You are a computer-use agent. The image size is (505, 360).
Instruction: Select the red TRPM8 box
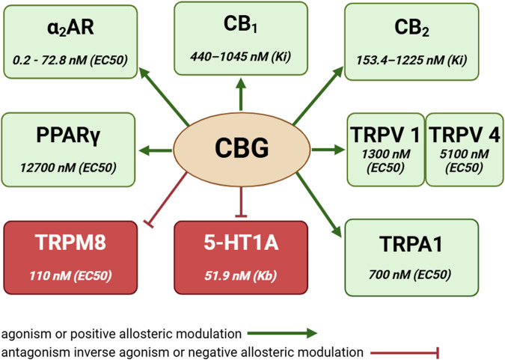coord(71,257)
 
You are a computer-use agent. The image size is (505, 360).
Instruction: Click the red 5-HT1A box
coord(241,257)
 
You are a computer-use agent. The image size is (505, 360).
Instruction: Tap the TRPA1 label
coord(411,243)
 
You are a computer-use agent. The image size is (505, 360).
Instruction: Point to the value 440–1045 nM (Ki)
coord(241,52)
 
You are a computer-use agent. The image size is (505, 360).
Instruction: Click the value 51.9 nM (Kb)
coord(241,276)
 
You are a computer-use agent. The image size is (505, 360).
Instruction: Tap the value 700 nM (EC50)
coord(411,274)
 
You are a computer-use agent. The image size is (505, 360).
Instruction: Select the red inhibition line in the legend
coord(405,352)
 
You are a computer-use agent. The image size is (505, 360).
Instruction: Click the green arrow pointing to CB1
coord(240,99)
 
